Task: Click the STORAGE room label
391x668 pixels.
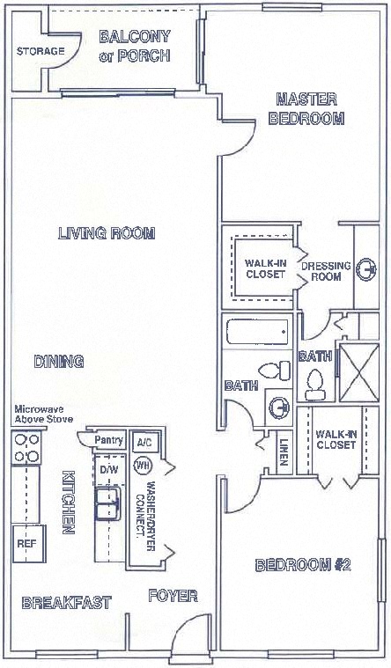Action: click(x=41, y=51)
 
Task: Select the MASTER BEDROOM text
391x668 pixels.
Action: click(x=306, y=108)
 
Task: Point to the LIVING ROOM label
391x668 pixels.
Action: click(x=107, y=233)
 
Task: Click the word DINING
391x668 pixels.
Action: click(x=58, y=361)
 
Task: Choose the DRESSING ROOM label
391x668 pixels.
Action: click(x=326, y=270)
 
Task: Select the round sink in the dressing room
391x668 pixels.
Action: click(x=366, y=269)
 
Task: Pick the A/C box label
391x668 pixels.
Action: click(x=142, y=443)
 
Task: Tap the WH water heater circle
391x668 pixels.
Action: click(x=142, y=465)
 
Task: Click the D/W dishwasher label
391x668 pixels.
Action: click(x=108, y=469)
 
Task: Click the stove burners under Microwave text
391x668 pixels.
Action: click(x=24, y=450)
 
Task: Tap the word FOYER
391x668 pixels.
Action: click(x=172, y=595)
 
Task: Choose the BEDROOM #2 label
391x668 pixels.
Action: click(x=303, y=565)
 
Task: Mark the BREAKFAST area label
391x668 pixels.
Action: click(x=66, y=603)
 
